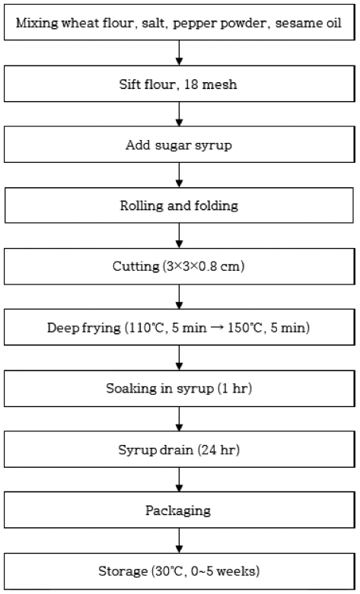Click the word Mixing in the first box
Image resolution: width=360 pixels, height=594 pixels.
[37, 23]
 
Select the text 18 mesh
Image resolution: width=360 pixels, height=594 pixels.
[211, 84]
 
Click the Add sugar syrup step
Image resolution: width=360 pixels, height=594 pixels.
[179, 145]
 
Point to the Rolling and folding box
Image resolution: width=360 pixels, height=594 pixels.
[180, 205]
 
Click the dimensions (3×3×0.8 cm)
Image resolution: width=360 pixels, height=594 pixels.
[204, 266]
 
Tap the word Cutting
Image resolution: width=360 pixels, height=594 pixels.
[136, 267]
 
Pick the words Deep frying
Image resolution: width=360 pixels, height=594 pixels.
[84, 328]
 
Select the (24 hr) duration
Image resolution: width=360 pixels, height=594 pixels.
[218, 449]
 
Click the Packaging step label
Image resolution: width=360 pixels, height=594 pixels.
[178, 510]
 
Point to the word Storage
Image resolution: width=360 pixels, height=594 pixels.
[123, 571]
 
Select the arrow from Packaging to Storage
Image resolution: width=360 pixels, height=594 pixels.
[180, 541]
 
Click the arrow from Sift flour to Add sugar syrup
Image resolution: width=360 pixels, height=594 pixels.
[180, 114]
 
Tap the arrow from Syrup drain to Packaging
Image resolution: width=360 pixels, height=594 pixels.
[180, 480]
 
